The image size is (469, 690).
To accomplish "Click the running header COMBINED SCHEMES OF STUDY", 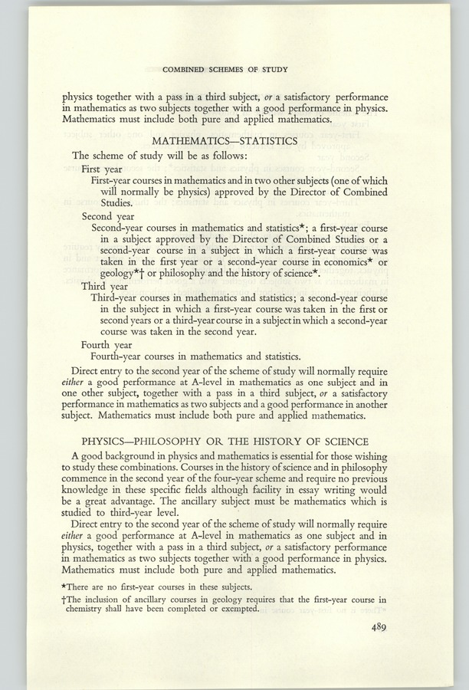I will (225, 70).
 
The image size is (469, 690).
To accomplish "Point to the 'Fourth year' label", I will (107, 345).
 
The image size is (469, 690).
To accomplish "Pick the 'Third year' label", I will (105, 285).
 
